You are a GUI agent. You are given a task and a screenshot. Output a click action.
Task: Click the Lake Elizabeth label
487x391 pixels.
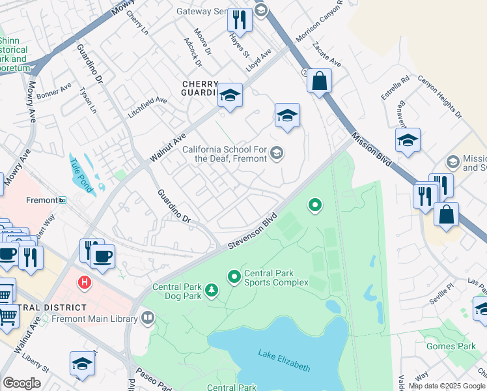point(283,360)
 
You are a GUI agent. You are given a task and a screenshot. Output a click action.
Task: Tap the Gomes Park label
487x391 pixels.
point(451,346)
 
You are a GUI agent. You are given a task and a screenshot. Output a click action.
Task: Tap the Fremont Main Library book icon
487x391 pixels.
point(148,318)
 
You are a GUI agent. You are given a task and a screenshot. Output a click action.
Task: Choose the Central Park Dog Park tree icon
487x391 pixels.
point(212,290)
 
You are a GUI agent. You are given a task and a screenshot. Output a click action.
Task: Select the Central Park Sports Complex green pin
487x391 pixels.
point(234,277)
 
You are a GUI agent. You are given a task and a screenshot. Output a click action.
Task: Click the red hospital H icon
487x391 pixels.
point(83,283)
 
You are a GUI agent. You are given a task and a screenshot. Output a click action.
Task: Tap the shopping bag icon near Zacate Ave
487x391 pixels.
point(319,81)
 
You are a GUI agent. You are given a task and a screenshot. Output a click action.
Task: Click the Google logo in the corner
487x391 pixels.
point(21,383)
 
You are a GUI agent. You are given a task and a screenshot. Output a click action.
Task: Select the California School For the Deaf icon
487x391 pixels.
point(277,153)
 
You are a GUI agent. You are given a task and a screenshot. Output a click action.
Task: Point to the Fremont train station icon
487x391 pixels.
point(62,200)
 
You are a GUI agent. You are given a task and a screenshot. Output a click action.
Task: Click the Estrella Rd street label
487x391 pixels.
point(395,88)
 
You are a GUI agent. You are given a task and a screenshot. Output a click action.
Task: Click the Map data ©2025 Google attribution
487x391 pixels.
point(447,386)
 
